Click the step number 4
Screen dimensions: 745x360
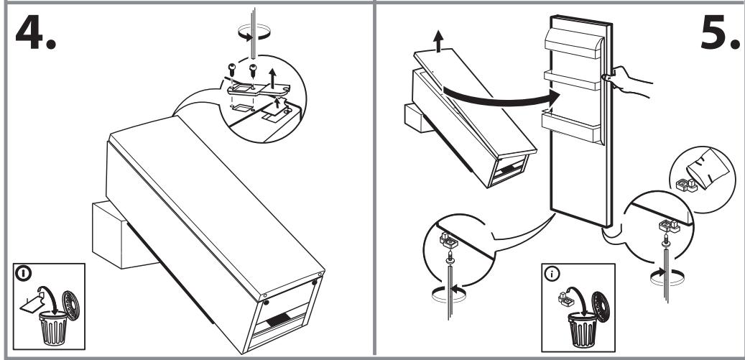36,33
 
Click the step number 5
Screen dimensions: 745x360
720,32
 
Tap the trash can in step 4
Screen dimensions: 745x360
52,328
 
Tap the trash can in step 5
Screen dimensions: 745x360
582,330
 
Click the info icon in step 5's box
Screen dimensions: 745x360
552,274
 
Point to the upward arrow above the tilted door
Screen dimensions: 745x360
438,41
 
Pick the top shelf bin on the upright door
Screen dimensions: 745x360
573,42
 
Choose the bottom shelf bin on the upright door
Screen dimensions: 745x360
571,126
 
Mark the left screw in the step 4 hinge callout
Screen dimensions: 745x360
232,70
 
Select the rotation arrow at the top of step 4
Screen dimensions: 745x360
254,34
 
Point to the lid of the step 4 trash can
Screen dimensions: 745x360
71,305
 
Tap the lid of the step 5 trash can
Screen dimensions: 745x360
601,307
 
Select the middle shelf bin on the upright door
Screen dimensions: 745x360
572,80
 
